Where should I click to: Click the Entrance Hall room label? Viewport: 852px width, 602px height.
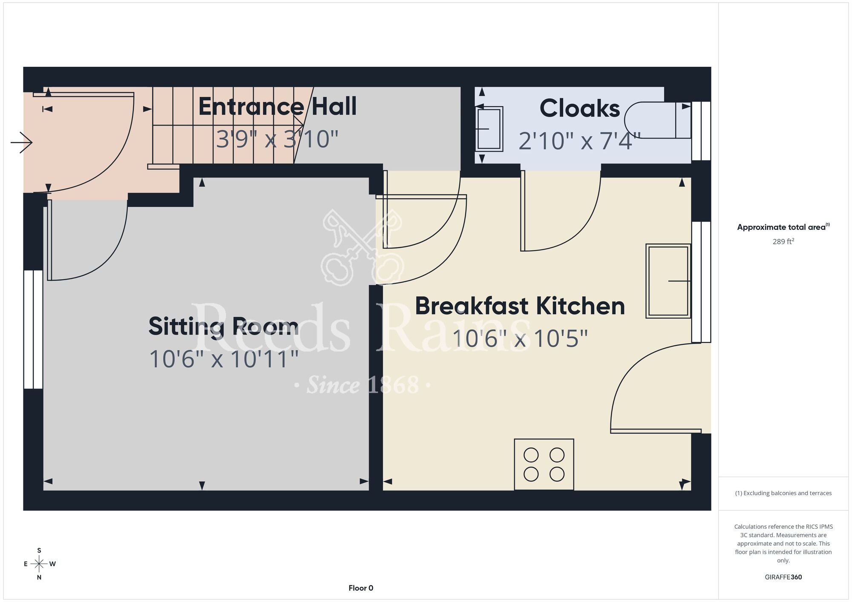(277, 106)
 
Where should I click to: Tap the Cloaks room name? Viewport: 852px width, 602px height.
(580, 108)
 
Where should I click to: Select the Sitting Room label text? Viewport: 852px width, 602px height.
(223, 327)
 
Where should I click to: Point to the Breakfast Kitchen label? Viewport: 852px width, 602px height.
(520, 306)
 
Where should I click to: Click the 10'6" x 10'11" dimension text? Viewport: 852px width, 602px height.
(224, 358)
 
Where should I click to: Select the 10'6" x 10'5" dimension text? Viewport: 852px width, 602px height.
(520, 338)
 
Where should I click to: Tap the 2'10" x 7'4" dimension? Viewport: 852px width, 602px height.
(580, 141)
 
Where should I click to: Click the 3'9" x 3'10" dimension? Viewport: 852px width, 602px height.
(277, 139)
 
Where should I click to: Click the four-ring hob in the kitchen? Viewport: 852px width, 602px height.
(544, 464)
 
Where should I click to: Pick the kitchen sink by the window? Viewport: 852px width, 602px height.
(668, 281)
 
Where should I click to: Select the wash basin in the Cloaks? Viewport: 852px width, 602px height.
(489, 129)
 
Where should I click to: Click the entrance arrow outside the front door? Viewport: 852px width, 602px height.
(21, 142)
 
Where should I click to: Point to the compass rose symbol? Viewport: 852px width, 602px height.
(39, 564)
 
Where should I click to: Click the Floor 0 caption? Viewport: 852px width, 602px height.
(361, 588)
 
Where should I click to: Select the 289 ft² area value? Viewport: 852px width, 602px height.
(783, 241)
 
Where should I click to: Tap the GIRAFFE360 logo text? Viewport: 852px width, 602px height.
(783, 577)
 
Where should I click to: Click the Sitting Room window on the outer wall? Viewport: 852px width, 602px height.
(33, 330)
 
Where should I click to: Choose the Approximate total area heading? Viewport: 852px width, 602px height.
(783, 227)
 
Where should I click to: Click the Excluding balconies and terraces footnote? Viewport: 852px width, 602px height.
(783, 493)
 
